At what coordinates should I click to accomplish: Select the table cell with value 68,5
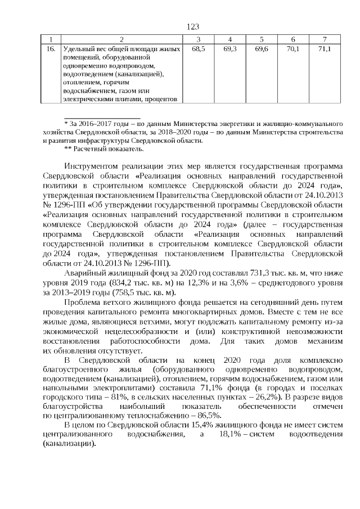click(198, 50)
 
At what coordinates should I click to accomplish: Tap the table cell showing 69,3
click(230, 50)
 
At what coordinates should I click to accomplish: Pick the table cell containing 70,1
click(292, 50)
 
